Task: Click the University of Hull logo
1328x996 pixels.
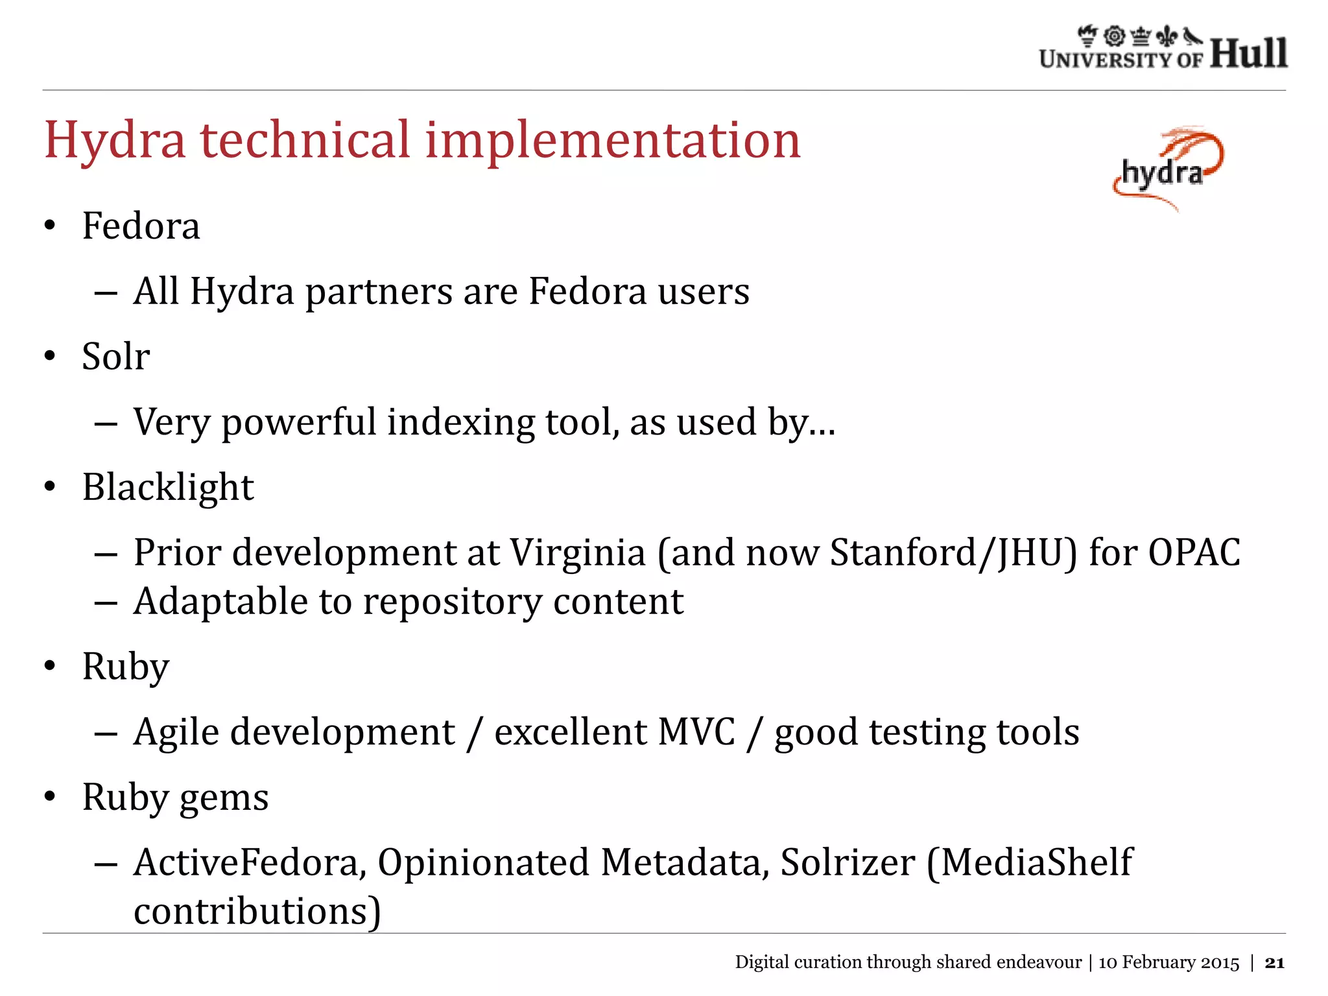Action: pyautogui.click(x=1163, y=49)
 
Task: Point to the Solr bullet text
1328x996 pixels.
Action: pyautogui.click(x=116, y=357)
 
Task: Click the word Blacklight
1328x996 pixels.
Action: pyautogui.click(x=168, y=487)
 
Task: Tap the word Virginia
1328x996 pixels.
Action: pyautogui.click(x=578, y=552)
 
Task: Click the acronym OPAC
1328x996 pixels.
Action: pyautogui.click(x=1194, y=552)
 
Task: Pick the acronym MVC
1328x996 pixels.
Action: pyautogui.click(x=696, y=732)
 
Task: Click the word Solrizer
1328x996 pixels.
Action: pyautogui.click(x=848, y=863)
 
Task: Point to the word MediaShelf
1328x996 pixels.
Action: pyautogui.click(x=1036, y=863)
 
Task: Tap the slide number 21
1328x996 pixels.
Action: pyautogui.click(x=1274, y=963)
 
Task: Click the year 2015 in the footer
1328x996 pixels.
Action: pyautogui.click(x=1220, y=963)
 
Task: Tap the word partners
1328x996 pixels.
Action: pyautogui.click(x=379, y=291)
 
